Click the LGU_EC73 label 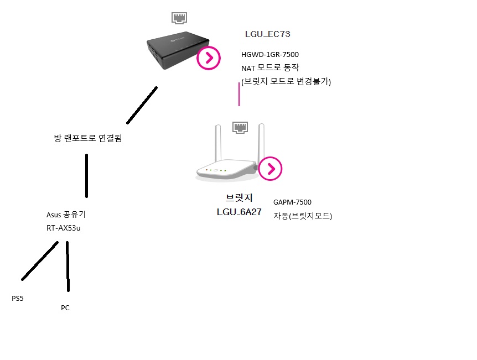[x=268, y=34]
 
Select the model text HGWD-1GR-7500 [x=270, y=54]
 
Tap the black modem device [x=178, y=50]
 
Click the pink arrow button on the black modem [x=209, y=58]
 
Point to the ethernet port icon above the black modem [x=179, y=18]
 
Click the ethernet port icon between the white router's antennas [x=240, y=127]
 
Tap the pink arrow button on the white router [x=271, y=169]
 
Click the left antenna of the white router [x=218, y=143]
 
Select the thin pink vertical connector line [x=239, y=94]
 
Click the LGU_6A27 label [x=239, y=212]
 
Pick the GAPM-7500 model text [x=292, y=202]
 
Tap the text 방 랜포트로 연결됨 [x=88, y=138]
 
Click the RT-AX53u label [x=64, y=228]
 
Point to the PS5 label [x=18, y=299]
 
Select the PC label [x=65, y=307]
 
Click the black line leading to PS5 [x=39, y=261]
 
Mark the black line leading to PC [x=68, y=267]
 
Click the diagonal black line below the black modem [x=142, y=106]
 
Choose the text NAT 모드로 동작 [x=270, y=68]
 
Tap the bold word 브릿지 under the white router [x=239, y=198]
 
